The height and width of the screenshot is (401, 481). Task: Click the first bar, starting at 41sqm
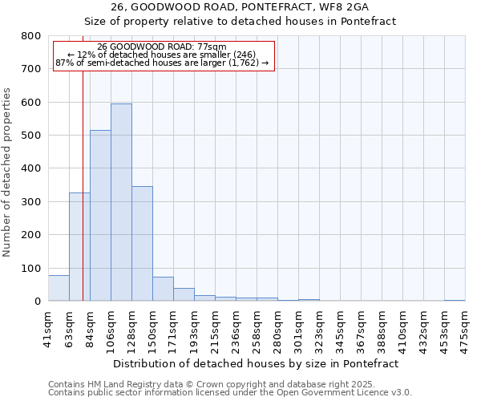click(x=59, y=288)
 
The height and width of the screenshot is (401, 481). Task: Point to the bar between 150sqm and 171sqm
click(x=163, y=289)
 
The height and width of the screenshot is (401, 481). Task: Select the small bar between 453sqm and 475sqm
click(x=455, y=300)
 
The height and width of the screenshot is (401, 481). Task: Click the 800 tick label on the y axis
click(x=30, y=36)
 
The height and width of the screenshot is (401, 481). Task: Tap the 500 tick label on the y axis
click(x=30, y=136)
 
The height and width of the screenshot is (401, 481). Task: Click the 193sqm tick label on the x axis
click(x=194, y=328)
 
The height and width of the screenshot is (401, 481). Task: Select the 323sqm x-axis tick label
click(x=319, y=328)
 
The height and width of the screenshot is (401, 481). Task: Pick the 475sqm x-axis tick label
click(x=465, y=328)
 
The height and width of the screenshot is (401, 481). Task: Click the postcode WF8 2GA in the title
click(x=341, y=7)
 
